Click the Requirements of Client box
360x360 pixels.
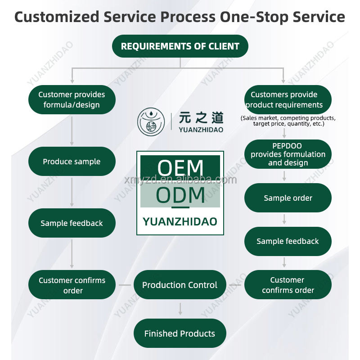point(180,46)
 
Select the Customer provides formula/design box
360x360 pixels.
point(72,99)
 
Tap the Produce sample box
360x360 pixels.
point(72,161)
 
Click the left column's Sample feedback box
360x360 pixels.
point(72,223)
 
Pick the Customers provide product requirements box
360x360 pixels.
point(288,99)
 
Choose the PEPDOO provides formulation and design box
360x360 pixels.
point(288,154)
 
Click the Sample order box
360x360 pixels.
point(288,198)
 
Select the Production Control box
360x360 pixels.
point(180,284)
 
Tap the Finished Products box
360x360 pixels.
point(180,333)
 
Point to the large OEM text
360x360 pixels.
point(180,168)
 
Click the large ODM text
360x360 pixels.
point(180,196)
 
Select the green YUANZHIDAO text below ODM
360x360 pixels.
point(180,221)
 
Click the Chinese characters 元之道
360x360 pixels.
point(201,118)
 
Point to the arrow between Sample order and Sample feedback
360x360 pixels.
point(284,219)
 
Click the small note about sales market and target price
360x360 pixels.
point(288,121)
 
